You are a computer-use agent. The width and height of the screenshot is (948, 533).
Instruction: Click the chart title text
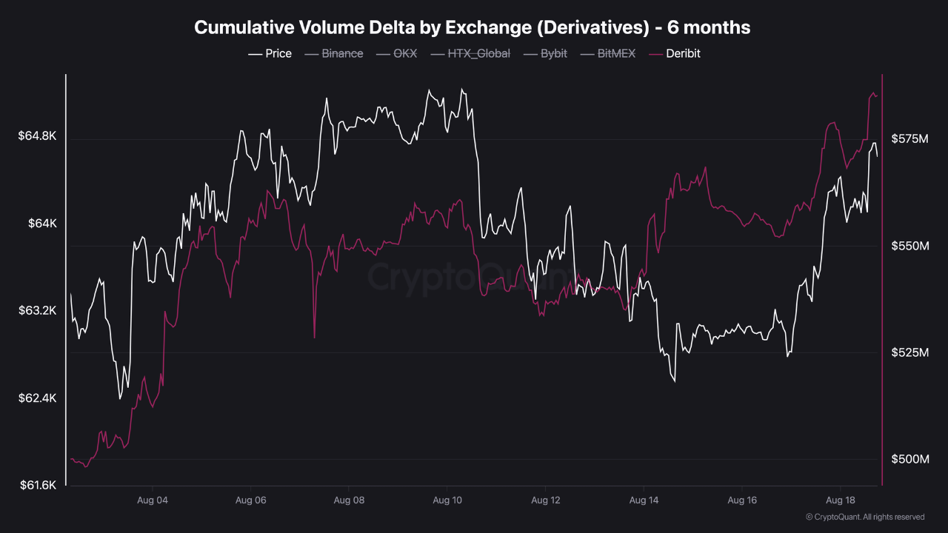point(473,27)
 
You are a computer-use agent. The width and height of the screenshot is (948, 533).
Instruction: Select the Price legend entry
point(270,54)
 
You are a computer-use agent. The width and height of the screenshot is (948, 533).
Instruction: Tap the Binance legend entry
point(334,54)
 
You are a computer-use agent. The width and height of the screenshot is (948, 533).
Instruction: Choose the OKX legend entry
point(396,54)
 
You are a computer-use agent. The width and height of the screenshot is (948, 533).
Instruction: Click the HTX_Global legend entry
point(470,54)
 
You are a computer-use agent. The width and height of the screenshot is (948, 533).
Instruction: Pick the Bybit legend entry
point(545,54)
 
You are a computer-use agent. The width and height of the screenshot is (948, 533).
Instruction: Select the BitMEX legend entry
point(608,54)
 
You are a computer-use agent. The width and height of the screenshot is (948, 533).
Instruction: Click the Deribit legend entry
point(675,54)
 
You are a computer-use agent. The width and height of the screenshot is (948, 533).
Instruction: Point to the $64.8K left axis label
point(37,135)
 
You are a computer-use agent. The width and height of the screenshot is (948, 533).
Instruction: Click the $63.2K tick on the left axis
point(37,311)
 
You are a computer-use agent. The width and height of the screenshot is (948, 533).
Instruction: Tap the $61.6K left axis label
point(38,485)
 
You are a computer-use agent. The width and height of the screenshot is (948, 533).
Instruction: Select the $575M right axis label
point(910,138)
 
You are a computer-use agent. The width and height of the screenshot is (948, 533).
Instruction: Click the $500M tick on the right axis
point(910,459)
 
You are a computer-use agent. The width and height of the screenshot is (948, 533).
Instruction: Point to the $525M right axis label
point(910,352)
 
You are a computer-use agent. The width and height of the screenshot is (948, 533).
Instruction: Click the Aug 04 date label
point(153,500)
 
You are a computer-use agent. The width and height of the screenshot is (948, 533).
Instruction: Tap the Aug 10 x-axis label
point(447,500)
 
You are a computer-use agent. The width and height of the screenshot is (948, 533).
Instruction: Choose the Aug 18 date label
point(841,500)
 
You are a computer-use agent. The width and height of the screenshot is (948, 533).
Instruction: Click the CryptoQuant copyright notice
point(865,517)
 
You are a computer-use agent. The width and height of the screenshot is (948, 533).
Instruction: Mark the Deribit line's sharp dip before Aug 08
point(315,337)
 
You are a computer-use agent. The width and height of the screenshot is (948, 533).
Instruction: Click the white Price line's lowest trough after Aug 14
point(675,381)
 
